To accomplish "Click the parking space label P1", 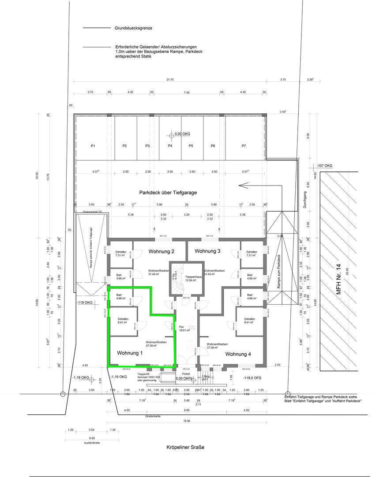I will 93,146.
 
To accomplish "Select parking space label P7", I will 244,146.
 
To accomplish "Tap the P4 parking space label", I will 169,146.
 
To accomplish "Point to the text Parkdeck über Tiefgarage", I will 167,193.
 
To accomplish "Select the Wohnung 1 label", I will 130,353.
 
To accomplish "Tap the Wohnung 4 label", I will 238,354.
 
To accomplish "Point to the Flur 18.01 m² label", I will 184,328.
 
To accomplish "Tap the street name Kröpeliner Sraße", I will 186,447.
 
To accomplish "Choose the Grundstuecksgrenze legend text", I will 134,28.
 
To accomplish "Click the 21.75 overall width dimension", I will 170,79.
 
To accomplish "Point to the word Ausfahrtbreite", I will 91,443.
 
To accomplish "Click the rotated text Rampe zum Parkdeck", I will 279,272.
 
